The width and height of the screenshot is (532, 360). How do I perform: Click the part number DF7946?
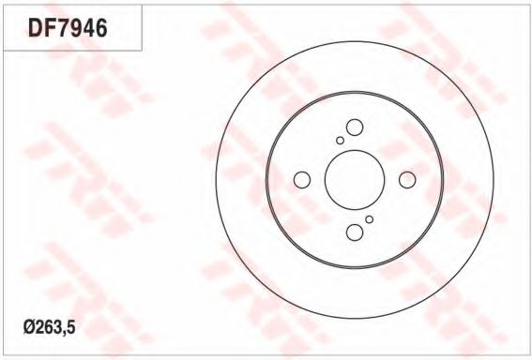(x=68, y=28)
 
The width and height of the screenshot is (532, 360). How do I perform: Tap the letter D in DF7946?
(x=36, y=28)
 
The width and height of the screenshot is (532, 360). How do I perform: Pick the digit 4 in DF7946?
(x=89, y=28)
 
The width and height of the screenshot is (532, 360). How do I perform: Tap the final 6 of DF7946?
(x=101, y=28)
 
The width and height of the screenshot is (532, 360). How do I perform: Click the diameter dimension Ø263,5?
(x=50, y=327)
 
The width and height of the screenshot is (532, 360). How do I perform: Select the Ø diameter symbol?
(x=28, y=327)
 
